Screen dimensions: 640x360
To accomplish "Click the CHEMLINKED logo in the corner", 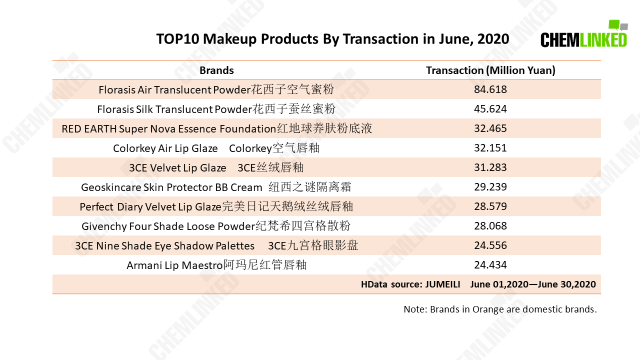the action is (x=584, y=33).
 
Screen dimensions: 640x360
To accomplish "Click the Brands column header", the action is (x=216, y=70).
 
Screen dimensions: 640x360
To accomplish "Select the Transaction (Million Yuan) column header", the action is (x=490, y=70).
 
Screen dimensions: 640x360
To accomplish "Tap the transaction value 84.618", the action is (x=490, y=89).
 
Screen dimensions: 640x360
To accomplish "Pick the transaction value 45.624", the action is (x=490, y=109).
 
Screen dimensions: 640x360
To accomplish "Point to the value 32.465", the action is (x=490, y=128).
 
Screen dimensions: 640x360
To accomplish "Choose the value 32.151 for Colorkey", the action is (x=490, y=147).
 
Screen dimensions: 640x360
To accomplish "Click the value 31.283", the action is (x=490, y=167).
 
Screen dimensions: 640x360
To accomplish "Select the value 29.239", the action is (x=490, y=187).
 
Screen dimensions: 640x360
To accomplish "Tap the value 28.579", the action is (x=490, y=206).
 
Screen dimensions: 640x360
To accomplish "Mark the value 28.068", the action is (x=490, y=225).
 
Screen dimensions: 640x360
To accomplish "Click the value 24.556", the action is (x=490, y=245).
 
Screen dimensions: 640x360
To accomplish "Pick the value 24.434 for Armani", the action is (x=490, y=265).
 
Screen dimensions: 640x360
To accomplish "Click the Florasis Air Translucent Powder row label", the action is (x=216, y=89).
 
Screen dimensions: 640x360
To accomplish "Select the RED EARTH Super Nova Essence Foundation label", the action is (x=217, y=128).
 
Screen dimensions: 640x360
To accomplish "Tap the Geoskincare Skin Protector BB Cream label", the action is (x=216, y=187).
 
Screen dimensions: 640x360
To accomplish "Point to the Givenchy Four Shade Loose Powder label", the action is (x=216, y=226).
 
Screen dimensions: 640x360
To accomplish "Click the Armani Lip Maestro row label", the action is (x=216, y=265).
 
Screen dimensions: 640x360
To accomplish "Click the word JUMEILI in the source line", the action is (x=442, y=284).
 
